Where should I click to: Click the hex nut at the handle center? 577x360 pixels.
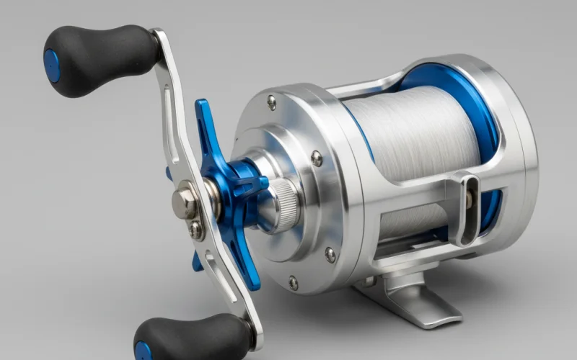tap(185, 204)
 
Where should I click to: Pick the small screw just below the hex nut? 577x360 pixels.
tap(195, 230)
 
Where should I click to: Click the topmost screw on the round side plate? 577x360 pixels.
tap(271, 103)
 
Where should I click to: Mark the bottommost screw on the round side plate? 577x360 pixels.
tap(293, 283)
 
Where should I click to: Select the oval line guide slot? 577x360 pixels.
tap(467, 209)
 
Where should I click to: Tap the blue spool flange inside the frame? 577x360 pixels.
tap(469, 101)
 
